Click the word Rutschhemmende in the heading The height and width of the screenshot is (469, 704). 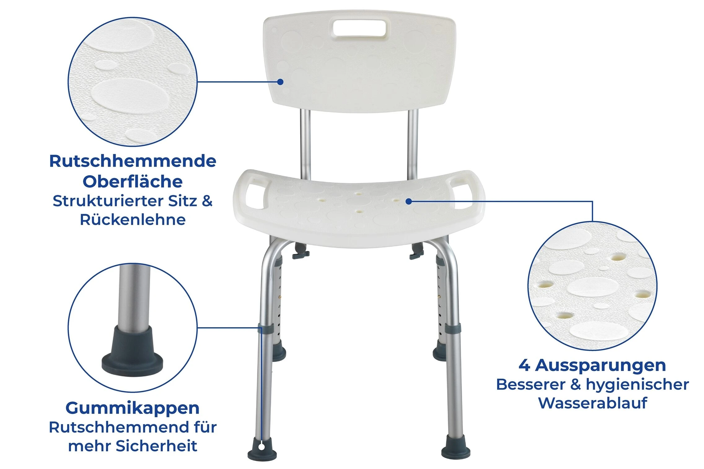click(x=133, y=161)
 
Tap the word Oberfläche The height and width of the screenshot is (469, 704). click(x=133, y=181)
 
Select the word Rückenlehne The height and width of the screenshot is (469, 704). click(x=133, y=220)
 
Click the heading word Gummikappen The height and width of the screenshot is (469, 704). click(x=132, y=408)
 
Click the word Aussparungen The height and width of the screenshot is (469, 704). click(x=601, y=365)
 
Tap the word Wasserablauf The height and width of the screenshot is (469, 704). click(x=592, y=403)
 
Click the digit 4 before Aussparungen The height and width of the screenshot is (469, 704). click(x=524, y=365)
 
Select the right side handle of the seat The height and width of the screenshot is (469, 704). click(x=464, y=192)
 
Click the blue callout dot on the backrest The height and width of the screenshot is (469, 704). click(x=280, y=82)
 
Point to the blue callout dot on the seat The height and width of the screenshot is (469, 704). click(x=409, y=202)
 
